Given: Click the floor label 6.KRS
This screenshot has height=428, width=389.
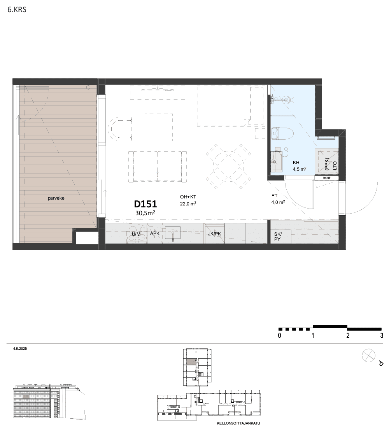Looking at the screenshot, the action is pos(17,10).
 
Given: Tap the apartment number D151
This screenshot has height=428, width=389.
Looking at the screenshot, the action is pos(145,204).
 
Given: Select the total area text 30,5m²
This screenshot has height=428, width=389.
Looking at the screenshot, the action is pos(145,213).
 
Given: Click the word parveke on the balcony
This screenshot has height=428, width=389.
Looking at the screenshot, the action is pos(56,198).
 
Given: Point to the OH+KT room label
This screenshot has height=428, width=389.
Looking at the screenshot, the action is pos(188,197).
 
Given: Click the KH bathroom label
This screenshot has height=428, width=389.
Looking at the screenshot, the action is pos(296,162).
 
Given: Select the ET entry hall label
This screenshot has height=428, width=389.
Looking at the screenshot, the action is pos(274,196).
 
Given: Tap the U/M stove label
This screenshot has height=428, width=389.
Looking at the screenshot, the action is pos(136,234).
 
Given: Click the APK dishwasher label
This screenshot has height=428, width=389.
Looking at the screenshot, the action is pos(155,233).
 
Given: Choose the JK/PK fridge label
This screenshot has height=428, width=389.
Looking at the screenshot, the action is pos(215,234).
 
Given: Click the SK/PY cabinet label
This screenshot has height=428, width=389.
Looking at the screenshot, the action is pos(278,237).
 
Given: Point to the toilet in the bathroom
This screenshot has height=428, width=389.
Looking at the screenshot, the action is pos(282,134).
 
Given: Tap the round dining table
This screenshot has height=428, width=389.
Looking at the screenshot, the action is pos(228,166).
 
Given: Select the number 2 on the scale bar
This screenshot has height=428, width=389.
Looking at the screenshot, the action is pos(348,335).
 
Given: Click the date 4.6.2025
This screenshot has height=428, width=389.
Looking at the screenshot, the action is pos(20,349).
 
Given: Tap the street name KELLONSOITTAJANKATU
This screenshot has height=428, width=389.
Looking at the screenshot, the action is pos(238,423).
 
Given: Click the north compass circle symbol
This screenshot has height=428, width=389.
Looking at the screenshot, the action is pos(368,356).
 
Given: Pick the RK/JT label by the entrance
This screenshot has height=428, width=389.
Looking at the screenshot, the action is pos(326,178).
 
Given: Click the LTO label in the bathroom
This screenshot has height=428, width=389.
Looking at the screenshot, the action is pos(335,166).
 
